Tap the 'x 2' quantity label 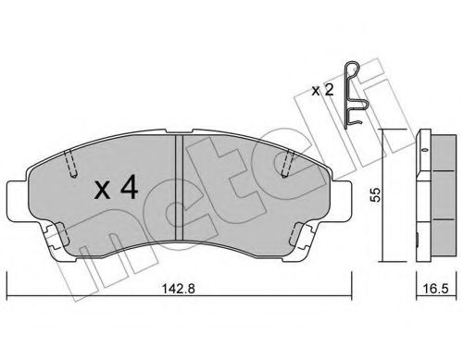(x=324, y=90)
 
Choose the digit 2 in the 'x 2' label (x=330, y=90)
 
